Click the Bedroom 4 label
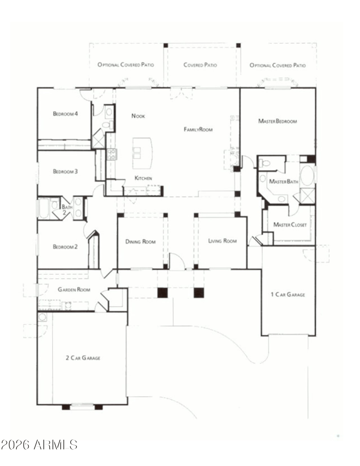pyautogui.click(x=65, y=113)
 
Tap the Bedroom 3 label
pyautogui.click(x=65, y=171)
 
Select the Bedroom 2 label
pyautogui.click(x=65, y=247)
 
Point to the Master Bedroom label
pyautogui.click(x=278, y=121)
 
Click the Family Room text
pyautogui.click(x=198, y=129)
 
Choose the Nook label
pyautogui.click(x=138, y=116)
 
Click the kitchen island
pyautogui.click(x=143, y=153)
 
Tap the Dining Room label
pyautogui.click(x=140, y=242)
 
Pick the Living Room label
pyautogui.click(x=222, y=241)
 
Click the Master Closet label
pyautogui.click(x=290, y=225)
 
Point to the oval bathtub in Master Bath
pyautogui.click(x=307, y=176)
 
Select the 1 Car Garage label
pyautogui.click(x=288, y=294)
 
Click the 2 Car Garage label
pyautogui.click(x=83, y=358)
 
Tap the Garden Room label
pyautogui.click(x=74, y=290)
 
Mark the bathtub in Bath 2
pyautogui.click(x=44, y=208)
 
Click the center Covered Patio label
pyautogui.click(x=200, y=65)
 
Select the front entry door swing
pyautogui.click(x=177, y=262)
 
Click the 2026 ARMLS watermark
pyautogui.click(x=39, y=445)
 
